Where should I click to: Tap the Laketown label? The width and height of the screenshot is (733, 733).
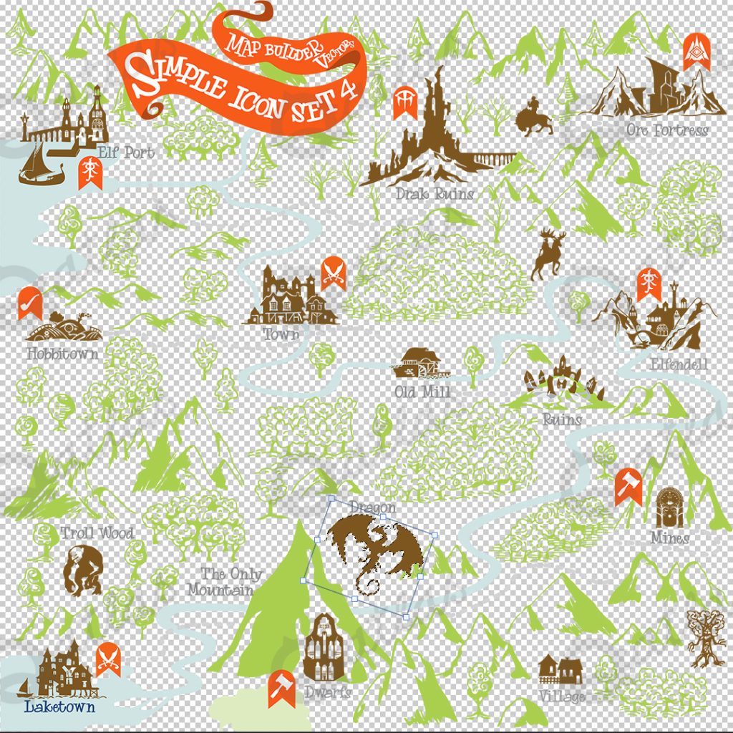[59, 707]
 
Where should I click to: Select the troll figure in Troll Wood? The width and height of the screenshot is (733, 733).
[82, 570]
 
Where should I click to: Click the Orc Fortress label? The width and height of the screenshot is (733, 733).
[667, 130]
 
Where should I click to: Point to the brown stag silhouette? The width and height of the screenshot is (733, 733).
[548, 254]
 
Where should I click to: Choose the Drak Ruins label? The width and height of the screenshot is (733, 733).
[435, 193]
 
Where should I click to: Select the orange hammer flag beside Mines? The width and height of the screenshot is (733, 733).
[628, 485]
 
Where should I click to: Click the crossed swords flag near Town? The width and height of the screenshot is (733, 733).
[334, 272]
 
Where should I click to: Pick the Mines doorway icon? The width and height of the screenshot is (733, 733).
[670, 507]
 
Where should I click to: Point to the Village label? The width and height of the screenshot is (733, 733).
[563, 696]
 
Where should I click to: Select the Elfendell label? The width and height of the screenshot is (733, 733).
[678, 365]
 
